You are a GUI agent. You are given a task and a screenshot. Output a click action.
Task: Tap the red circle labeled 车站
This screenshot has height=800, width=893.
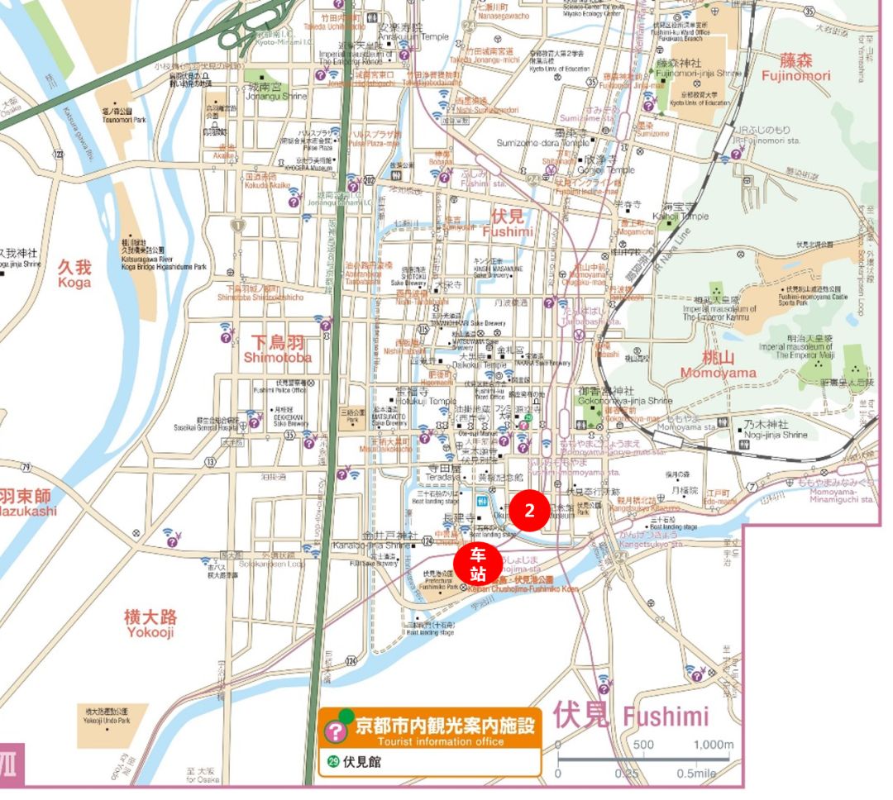pos(477,565)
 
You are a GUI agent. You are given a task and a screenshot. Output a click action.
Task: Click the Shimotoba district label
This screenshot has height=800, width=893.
pos(277,349)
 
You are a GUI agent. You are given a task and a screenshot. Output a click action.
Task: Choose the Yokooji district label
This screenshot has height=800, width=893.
pos(150,623)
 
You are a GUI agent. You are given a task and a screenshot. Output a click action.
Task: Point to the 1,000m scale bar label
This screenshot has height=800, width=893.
pos(713,744)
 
